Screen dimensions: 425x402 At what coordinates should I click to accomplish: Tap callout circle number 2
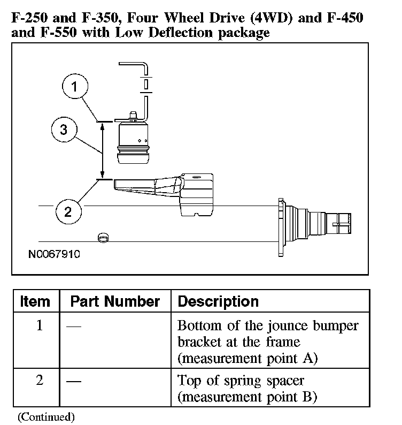[68, 211]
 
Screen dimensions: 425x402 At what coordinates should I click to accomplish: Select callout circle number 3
[64, 131]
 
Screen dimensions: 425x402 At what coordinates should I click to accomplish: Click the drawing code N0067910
[54, 254]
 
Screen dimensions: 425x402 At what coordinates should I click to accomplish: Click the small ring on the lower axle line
[102, 237]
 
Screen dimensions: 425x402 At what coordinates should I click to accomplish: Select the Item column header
[35, 301]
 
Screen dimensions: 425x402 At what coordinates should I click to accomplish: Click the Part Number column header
[115, 301]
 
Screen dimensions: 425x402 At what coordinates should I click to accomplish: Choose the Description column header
[218, 301]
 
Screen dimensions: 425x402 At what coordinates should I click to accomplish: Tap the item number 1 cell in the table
[39, 325]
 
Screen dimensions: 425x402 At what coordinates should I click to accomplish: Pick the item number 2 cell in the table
[39, 382]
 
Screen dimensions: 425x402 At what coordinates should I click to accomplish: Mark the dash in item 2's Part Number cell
[74, 382]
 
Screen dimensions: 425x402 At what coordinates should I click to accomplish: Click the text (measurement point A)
[248, 358]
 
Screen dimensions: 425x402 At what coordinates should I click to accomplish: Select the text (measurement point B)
[248, 398]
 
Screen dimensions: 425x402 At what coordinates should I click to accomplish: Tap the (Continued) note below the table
[47, 416]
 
